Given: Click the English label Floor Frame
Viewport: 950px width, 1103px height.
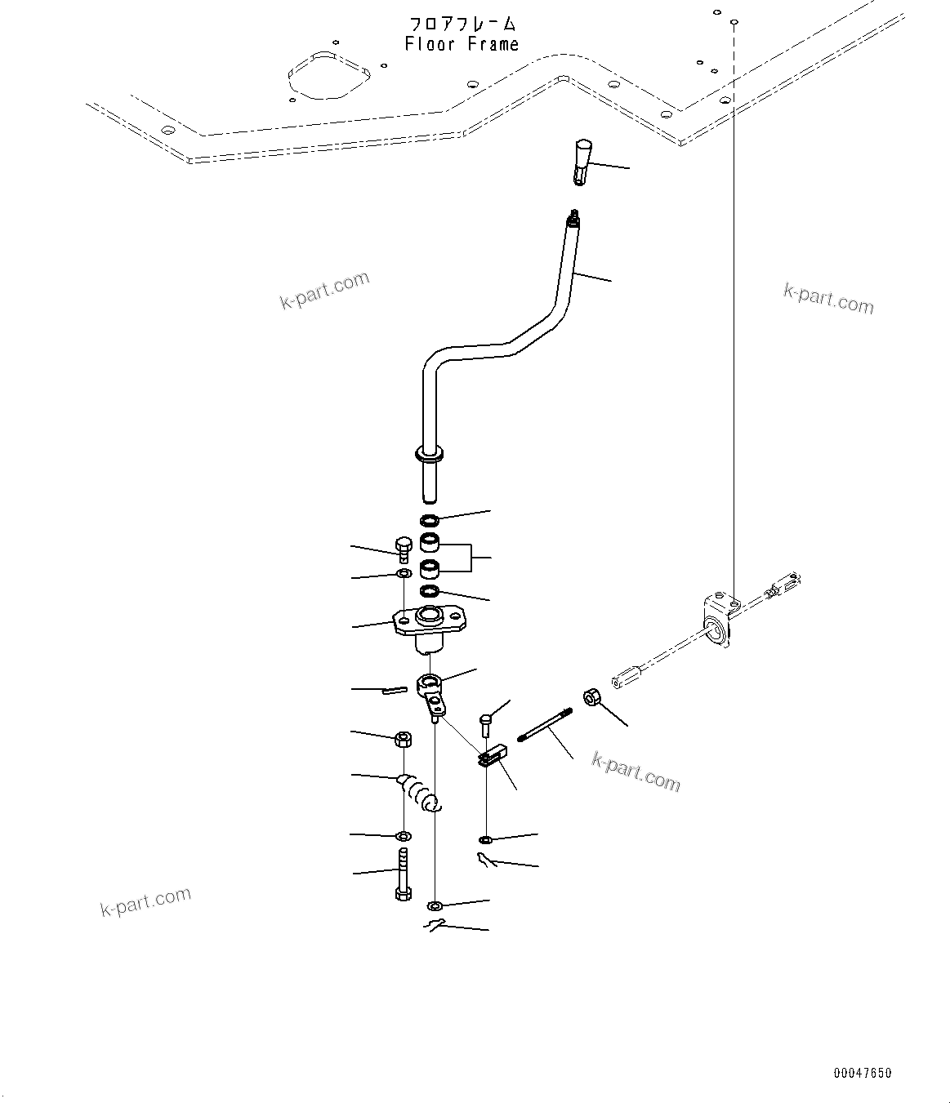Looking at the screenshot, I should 462,44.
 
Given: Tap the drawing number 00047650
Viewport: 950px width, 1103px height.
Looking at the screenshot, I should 863,1073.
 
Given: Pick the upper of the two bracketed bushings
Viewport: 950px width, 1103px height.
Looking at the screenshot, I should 430,541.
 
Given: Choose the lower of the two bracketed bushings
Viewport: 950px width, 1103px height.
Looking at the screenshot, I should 430,568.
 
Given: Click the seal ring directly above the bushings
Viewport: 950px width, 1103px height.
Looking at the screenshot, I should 430,520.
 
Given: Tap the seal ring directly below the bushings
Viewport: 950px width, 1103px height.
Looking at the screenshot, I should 430,591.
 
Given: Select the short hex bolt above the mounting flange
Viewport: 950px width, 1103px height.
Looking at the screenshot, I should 403,549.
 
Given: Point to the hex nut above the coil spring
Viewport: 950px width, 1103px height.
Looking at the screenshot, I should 403,740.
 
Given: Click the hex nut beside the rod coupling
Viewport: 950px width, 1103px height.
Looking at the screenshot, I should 592,698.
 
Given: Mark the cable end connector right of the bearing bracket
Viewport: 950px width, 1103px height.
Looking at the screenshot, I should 782,585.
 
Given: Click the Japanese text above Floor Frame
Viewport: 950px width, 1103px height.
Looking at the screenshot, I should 462,24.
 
